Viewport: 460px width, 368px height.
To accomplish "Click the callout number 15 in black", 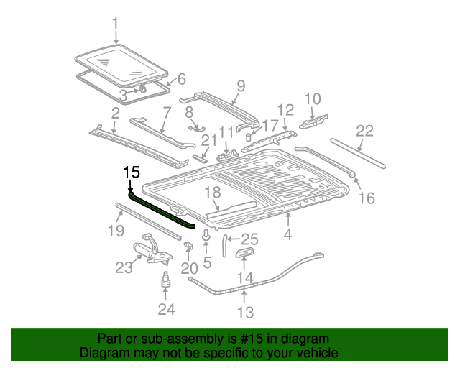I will tap(131, 172).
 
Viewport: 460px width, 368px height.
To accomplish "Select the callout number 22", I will tap(365, 131).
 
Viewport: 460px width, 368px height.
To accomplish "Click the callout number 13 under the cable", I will tap(246, 312).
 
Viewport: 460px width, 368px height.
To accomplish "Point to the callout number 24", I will tap(167, 310).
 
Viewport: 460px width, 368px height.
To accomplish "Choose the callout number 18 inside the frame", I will tap(212, 193).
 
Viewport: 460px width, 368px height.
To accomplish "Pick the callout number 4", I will tap(287, 234).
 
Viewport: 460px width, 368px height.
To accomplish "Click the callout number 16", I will tap(366, 198).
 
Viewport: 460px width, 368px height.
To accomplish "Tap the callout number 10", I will tap(313, 99).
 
